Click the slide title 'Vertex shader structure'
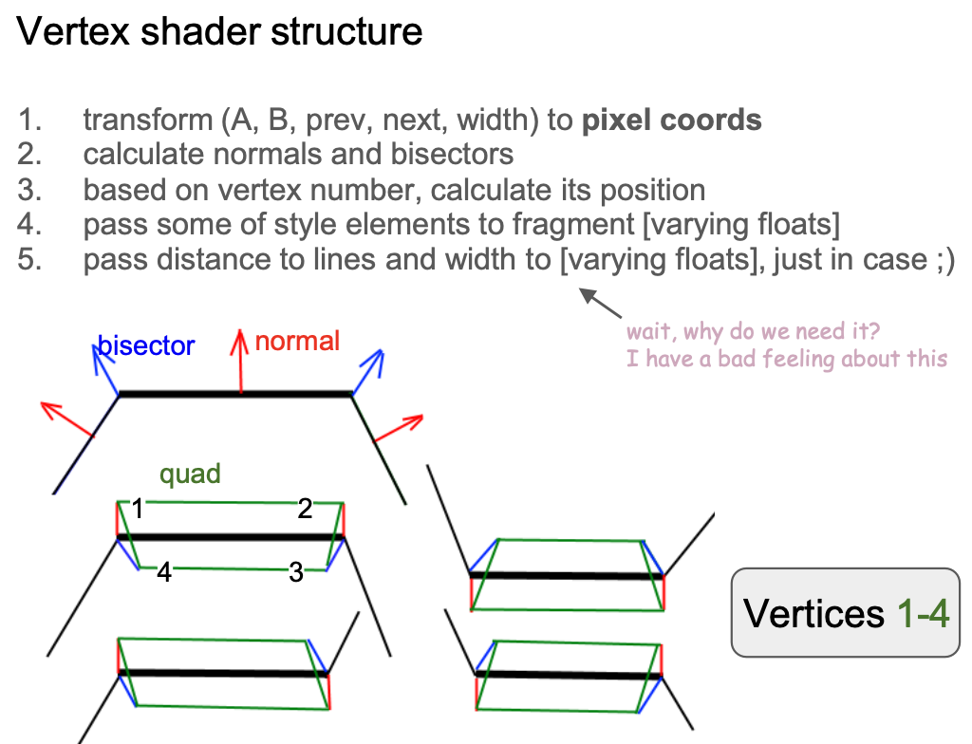click(x=219, y=32)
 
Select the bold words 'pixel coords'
click(x=671, y=121)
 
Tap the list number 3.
click(x=29, y=190)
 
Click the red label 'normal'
click(x=297, y=342)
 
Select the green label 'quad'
click(x=191, y=474)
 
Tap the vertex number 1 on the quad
click(x=138, y=510)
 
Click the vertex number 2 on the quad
click(x=305, y=510)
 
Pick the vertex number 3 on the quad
click(x=296, y=572)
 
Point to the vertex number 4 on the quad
click(x=164, y=572)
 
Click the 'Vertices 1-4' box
click(x=845, y=612)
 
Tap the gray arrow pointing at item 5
click(x=603, y=304)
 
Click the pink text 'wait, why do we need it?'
click(x=750, y=332)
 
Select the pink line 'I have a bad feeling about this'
click(x=787, y=358)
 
